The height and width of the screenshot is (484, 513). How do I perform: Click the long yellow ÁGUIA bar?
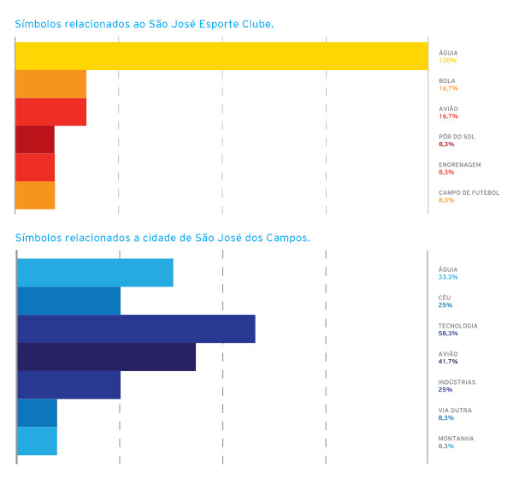pos(221,56)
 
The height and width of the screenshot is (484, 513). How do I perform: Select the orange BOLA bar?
pos(51,84)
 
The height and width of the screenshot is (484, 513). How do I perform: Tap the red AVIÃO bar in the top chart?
pos(51,112)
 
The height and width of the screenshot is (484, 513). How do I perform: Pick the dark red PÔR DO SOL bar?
pos(35,139)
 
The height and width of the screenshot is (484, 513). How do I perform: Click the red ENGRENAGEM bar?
pos(35,168)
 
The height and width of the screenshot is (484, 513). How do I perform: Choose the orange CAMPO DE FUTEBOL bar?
pos(35,195)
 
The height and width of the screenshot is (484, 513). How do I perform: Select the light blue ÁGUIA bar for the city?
pos(95,273)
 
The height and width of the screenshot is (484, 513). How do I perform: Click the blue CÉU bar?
pos(68,301)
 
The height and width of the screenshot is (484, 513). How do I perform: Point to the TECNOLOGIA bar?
pos(136,328)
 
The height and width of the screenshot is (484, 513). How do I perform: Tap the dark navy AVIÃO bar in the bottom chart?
pos(106,357)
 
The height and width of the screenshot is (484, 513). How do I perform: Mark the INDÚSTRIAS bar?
pos(68,385)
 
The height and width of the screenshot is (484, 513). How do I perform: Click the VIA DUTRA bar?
pos(37,412)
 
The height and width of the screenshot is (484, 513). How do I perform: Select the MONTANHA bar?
pos(37,440)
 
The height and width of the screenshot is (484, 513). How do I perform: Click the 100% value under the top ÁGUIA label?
pos(447,61)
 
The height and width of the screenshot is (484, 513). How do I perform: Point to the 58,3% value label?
pos(448,333)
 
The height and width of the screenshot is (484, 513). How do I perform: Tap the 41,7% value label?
pos(448,362)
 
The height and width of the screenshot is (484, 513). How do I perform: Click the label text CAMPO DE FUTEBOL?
pos(469,192)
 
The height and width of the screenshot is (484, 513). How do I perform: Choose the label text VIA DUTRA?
pos(454,410)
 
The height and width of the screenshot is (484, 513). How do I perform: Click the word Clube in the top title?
pos(256,25)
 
